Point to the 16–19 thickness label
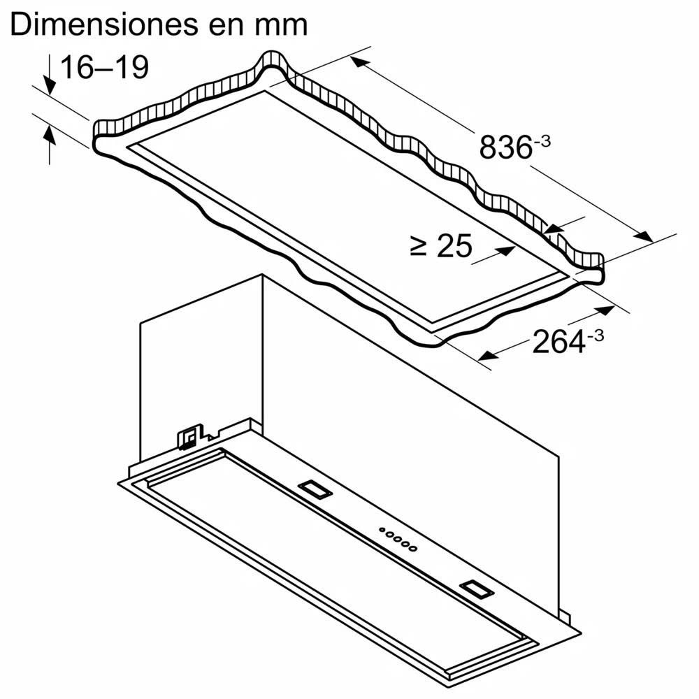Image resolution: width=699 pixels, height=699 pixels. pyautogui.click(x=104, y=69)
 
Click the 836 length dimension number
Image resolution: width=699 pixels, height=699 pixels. pyautogui.click(x=505, y=147)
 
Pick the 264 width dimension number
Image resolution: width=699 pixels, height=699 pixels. pyautogui.click(x=558, y=342)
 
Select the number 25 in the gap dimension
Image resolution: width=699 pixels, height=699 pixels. pyautogui.click(x=454, y=246)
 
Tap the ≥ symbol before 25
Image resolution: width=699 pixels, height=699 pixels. pyautogui.click(x=419, y=245)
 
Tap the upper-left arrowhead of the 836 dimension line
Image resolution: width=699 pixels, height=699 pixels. pyautogui.click(x=359, y=62)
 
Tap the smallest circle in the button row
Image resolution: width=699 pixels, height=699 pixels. pyautogui.click(x=383, y=531)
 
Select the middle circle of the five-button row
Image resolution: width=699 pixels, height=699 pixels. pyautogui.click(x=398, y=540)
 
